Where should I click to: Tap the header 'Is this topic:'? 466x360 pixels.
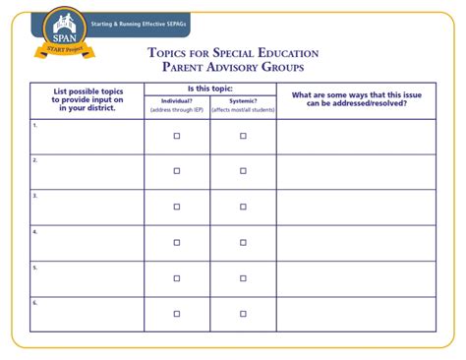(x=210, y=89)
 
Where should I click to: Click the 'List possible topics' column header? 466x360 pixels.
(x=87, y=100)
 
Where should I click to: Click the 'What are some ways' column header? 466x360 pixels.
(x=356, y=99)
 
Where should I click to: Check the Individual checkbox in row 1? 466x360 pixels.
(x=177, y=137)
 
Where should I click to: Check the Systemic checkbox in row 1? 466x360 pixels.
(x=243, y=137)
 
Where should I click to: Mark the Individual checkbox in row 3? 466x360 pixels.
(x=177, y=207)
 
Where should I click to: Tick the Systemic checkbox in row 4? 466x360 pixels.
(x=243, y=243)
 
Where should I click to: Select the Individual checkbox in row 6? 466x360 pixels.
(x=177, y=314)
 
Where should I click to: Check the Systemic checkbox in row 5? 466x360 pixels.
(x=243, y=278)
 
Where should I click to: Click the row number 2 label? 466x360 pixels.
(x=34, y=160)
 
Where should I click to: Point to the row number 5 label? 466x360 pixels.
(x=34, y=267)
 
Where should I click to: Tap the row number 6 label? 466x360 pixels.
(x=34, y=302)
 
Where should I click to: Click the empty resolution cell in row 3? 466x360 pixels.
(x=356, y=207)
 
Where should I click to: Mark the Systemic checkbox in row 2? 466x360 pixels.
(x=243, y=171)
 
